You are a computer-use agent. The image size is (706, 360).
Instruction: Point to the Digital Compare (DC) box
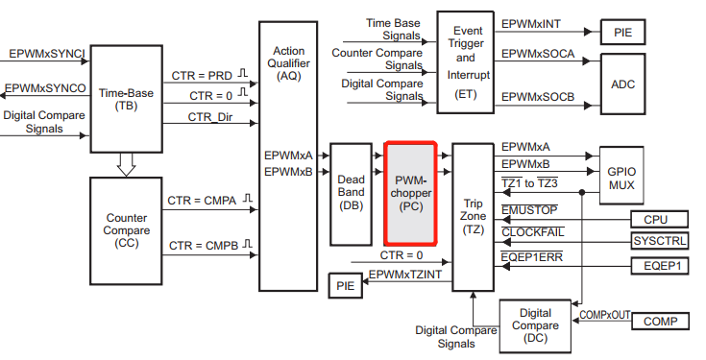tap(535, 326)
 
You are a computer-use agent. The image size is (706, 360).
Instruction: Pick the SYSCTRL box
tap(659, 241)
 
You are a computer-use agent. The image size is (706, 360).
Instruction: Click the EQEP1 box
tap(659, 265)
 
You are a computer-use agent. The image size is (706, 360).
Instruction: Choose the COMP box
tap(659, 321)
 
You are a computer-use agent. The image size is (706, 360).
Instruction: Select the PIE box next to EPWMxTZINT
tap(344, 285)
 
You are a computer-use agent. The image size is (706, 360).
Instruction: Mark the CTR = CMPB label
tap(203, 246)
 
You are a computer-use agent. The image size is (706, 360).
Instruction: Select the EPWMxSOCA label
tap(538, 54)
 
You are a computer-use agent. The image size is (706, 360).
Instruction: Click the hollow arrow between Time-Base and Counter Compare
tap(126, 165)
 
